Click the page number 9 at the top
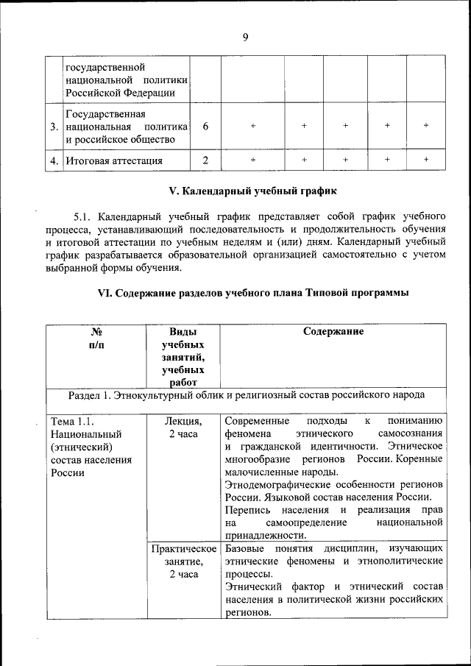click(x=244, y=38)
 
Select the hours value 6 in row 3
click(x=205, y=126)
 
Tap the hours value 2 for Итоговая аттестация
click(x=205, y=160)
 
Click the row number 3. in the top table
click(x=54, y=127)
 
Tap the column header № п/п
click(x=96, y=338)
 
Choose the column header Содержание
click(x=333, y=331)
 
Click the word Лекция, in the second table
click(x=183, y=421)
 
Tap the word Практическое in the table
click(x=184, y=549)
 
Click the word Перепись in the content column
click(x=249, y=509)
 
